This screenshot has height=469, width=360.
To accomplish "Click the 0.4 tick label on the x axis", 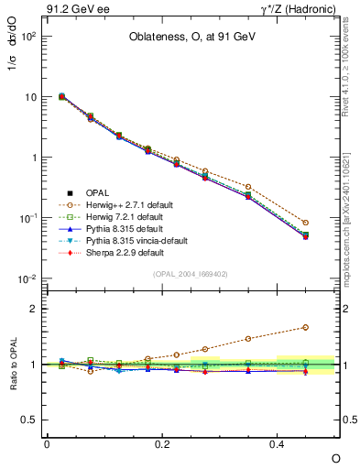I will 278,443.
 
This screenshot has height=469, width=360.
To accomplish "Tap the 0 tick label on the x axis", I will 47,443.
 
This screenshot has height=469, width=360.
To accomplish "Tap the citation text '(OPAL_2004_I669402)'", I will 190,273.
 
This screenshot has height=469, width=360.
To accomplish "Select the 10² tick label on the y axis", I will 28,37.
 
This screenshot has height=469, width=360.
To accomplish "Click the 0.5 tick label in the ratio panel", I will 28,420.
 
